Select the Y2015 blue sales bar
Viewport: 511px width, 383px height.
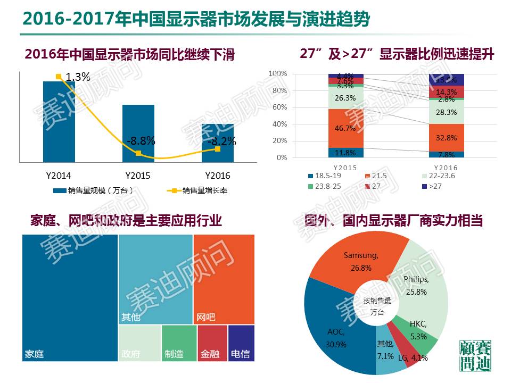(x=138, y=133)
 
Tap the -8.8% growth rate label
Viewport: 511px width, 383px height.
(x=141, y=141)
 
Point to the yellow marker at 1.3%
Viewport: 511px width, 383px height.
(x=59, y=77)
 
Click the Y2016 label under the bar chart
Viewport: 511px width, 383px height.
(x=218, y=176)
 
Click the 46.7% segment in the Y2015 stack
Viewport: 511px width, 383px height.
(x=346, y=128)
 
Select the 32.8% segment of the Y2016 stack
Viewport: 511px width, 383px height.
(x=447, y=137)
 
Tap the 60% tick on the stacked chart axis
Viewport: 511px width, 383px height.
(x=278, y=107)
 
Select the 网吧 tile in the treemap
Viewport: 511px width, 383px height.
(x=224, y=279)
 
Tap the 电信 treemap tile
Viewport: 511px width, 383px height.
(x=241, y=343)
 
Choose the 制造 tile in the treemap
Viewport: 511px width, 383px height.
(x=179, y=343)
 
